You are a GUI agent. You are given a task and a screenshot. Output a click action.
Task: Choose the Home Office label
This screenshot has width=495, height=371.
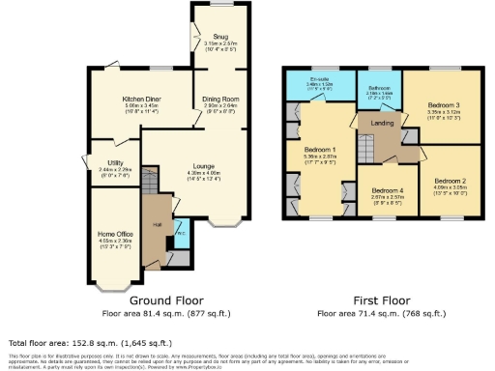coord(114,234)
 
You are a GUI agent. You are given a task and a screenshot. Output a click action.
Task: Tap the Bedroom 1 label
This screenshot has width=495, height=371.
coord(319,151)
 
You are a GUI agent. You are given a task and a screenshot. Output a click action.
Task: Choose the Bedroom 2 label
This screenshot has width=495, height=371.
coord(450,181)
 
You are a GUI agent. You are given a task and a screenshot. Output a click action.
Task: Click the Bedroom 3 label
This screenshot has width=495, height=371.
coord(443,104)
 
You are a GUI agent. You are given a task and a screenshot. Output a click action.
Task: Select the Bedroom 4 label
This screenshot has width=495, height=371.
coord(389,190)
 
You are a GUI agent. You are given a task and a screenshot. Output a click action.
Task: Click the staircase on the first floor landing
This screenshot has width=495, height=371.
coord(365,151)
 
